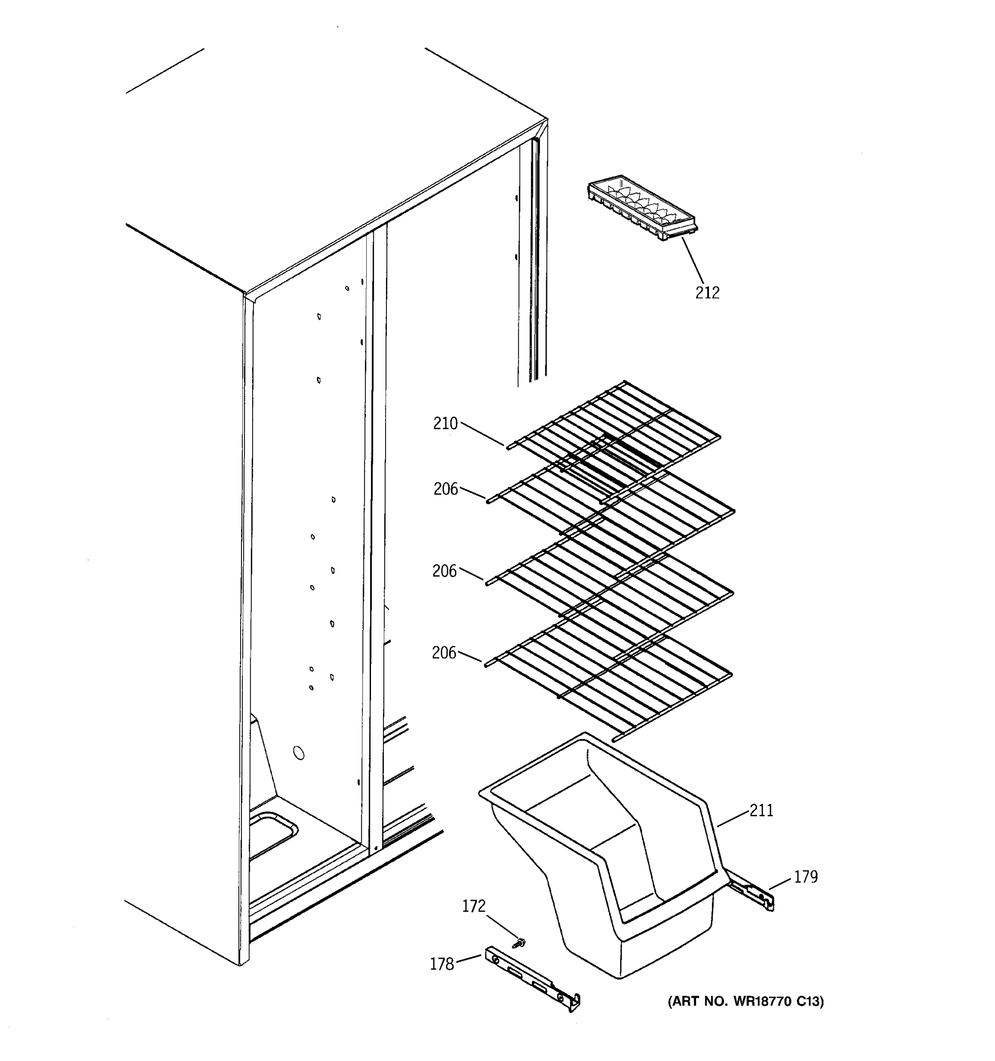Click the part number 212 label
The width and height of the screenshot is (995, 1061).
707,293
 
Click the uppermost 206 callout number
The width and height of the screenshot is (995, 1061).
445,489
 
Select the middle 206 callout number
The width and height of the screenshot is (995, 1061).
444,571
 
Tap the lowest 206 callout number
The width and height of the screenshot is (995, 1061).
444,652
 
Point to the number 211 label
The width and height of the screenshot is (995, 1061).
761,810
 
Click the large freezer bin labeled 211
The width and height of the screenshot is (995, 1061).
603,875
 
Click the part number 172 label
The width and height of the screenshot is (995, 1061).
474,906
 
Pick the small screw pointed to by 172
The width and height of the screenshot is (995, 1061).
516,943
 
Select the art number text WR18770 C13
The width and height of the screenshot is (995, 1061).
745,1001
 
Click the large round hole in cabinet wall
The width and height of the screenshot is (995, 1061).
299,753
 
